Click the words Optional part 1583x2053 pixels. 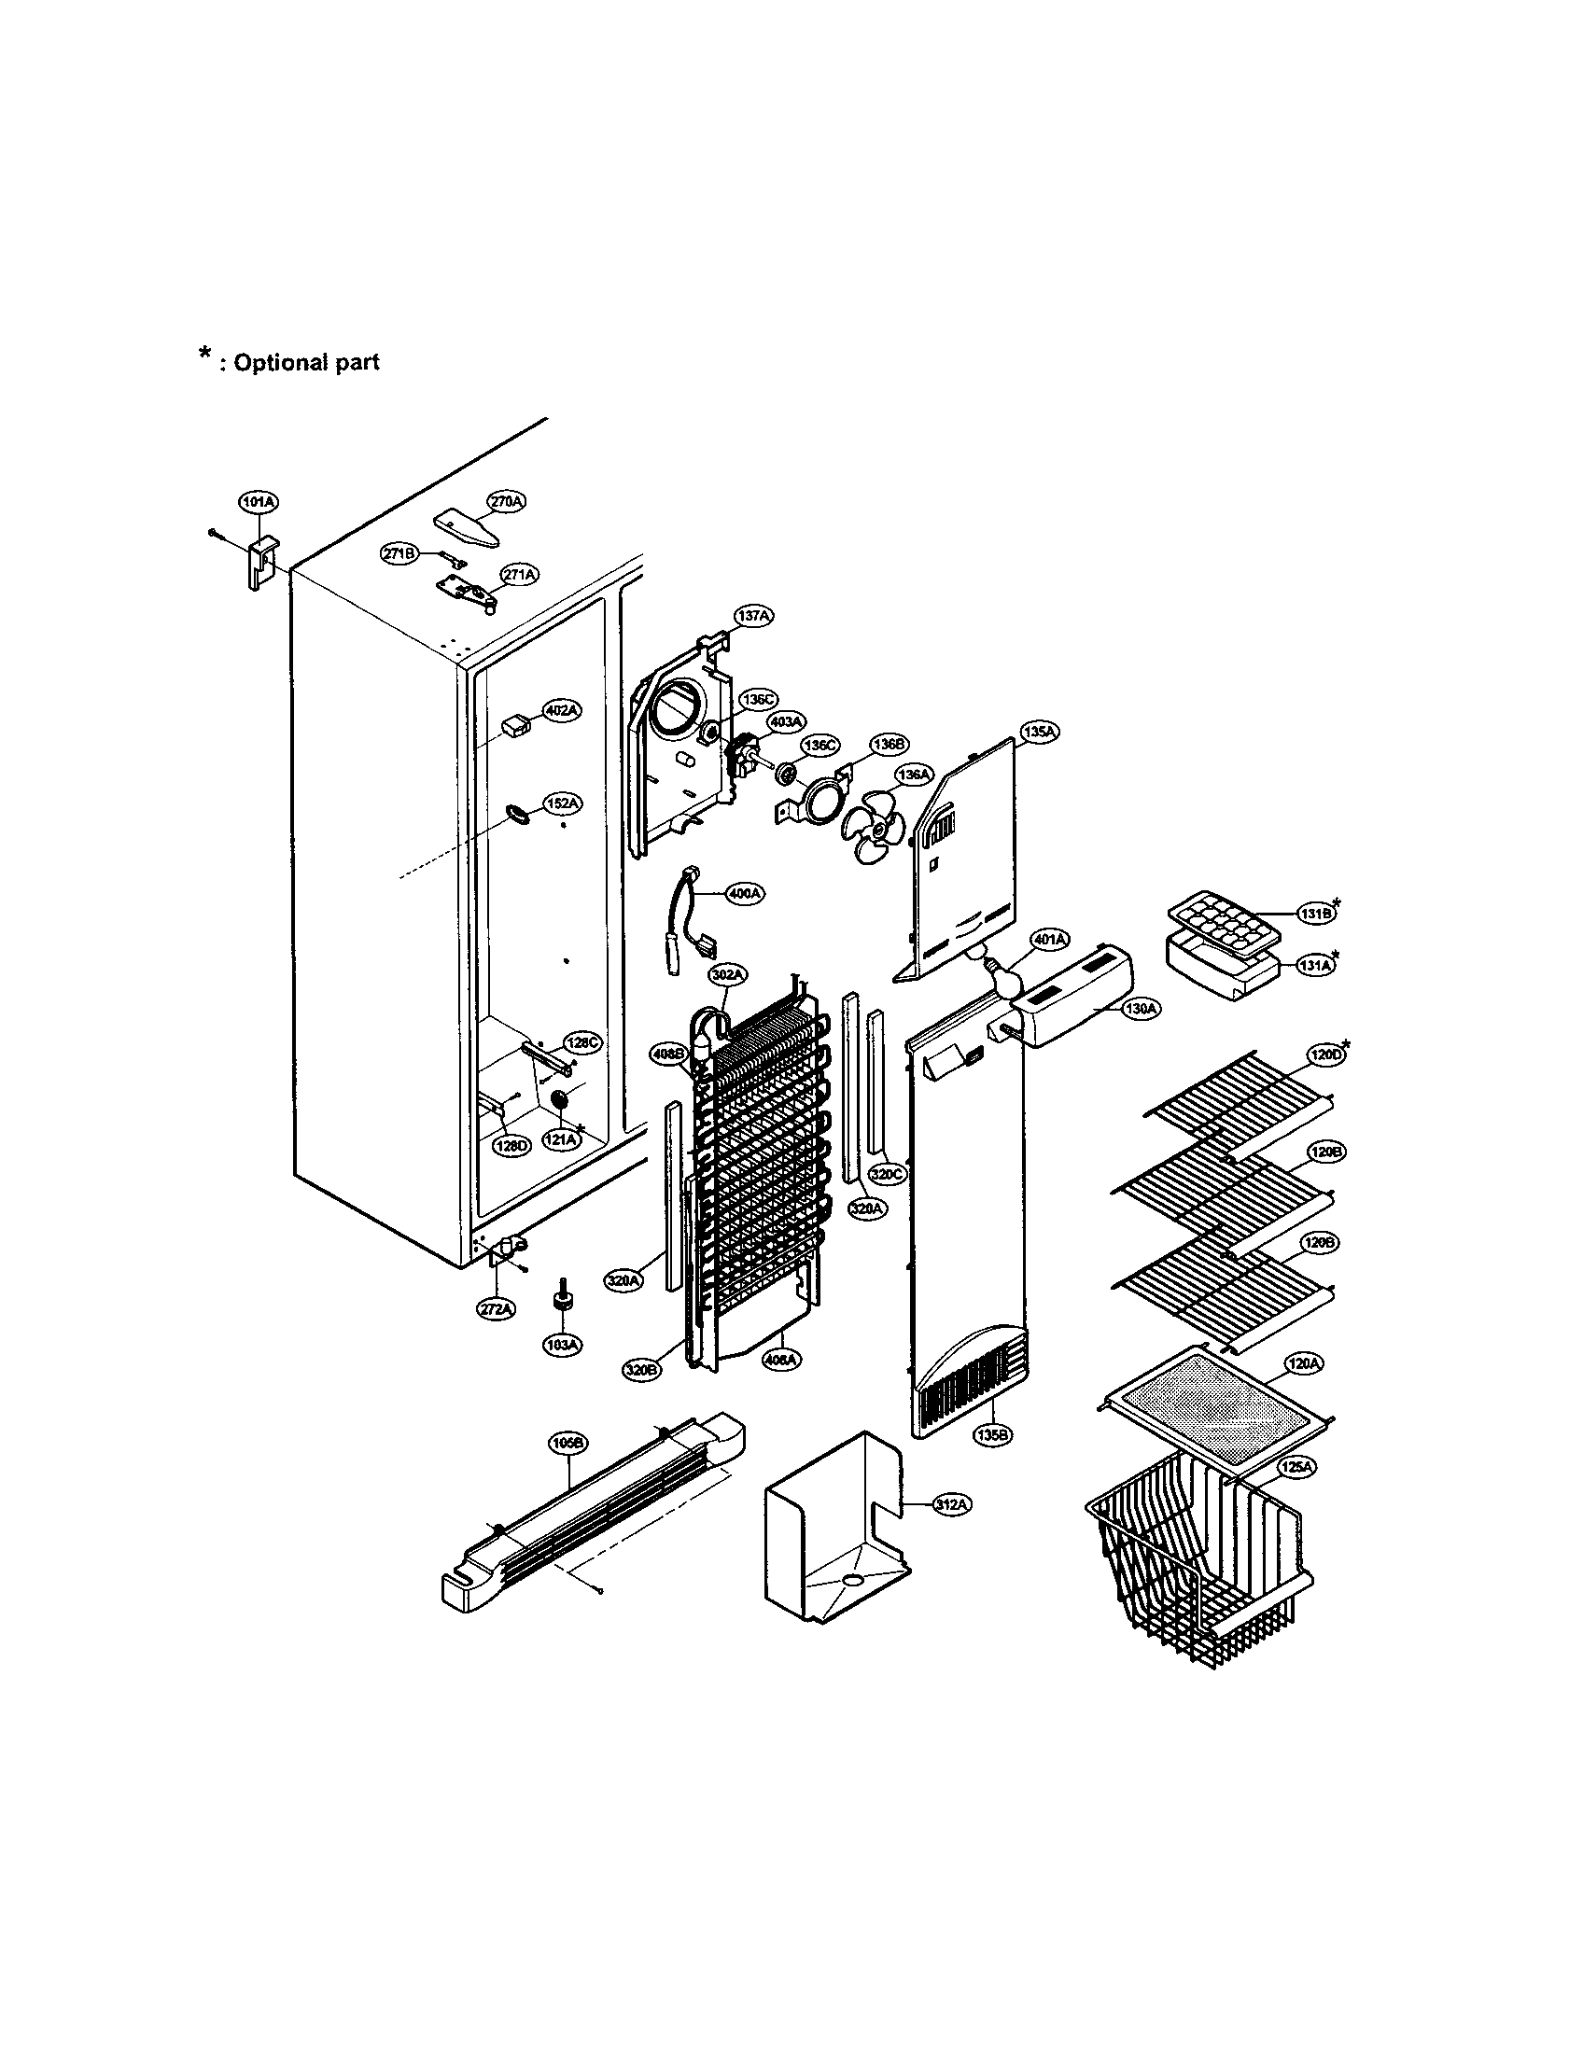pyautogui.click(x=305, y=362)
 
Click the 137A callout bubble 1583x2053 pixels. pyautogui.click(x=753, y=616)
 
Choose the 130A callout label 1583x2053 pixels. pyautogui.click(x=1142, y=1009)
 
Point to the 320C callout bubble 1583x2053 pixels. pyautogui.click(x=889, y=1174)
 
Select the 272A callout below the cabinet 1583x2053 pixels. pyautogui.click(x=496, y=1308)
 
